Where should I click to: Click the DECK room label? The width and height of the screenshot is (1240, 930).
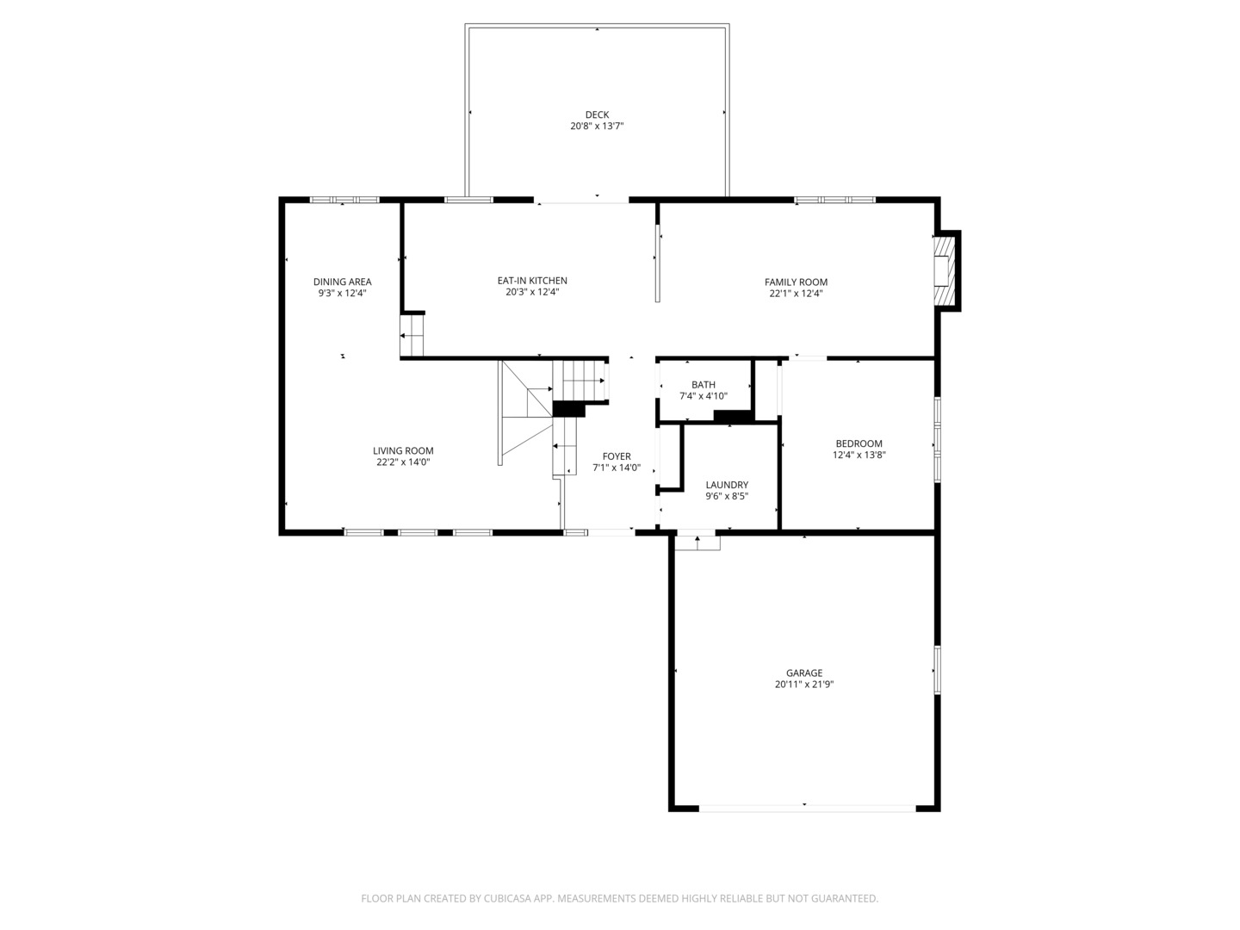tap(597, 115)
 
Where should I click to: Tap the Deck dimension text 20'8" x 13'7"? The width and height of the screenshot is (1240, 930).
tap(597, 127)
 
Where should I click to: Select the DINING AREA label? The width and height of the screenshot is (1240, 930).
tap(342, 282)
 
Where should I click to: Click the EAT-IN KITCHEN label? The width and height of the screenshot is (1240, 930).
tap(532, 281)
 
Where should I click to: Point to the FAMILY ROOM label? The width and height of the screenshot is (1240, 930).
tap(796, 282)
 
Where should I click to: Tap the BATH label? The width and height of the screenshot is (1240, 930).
tap(703, 385)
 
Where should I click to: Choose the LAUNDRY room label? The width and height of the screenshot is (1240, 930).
tap(727, 485)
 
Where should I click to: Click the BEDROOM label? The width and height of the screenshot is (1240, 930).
tap(859, 443)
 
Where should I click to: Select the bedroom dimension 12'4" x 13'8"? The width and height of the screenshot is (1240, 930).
tap(859, 456)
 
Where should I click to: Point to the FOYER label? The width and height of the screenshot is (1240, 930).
tap(617, 456)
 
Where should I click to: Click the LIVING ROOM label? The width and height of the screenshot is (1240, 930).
tap(403, 450)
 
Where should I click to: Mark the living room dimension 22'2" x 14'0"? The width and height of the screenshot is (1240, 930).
tap(403, 462)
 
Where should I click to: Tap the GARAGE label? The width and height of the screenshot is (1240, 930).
tap(803, 673)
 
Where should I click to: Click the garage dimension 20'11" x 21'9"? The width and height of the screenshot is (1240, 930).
tap(803, 685)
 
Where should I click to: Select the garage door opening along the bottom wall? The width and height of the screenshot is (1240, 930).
tap(807, 808)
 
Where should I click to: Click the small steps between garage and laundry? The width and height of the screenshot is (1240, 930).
tap(697, 542)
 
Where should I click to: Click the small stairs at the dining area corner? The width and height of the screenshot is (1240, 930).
tap(412, 335)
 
